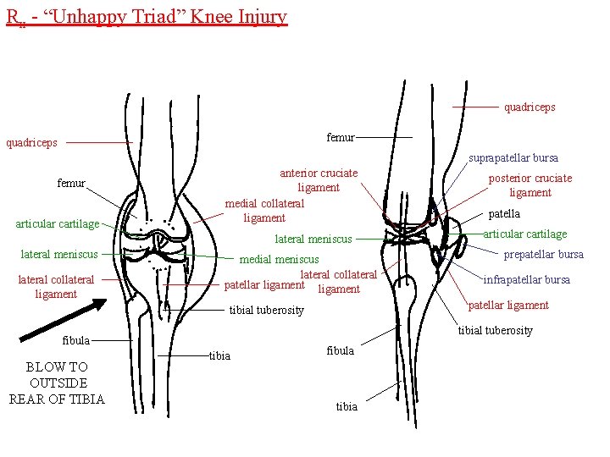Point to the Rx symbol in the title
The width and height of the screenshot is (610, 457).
(12, 17)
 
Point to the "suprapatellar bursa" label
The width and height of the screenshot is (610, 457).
(513, 157)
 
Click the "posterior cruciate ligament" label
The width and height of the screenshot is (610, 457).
(530, 185)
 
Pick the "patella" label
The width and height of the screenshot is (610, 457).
(504, 214)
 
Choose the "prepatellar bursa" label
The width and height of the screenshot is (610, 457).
(544, 254)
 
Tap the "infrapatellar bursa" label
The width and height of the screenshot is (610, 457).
(526, 279)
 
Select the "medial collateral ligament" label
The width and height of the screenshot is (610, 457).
(264, 211)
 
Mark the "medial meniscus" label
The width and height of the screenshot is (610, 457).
(280, 259)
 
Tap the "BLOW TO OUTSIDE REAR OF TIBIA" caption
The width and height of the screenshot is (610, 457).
(57, 383)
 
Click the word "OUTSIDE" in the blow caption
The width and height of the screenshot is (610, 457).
(57, 383)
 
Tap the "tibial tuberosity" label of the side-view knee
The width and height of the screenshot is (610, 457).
(496, 330)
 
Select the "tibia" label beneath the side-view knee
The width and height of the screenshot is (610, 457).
(347, 407)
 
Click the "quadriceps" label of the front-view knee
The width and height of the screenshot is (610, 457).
(32, 142)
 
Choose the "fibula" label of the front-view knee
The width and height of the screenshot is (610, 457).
(76, 340)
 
